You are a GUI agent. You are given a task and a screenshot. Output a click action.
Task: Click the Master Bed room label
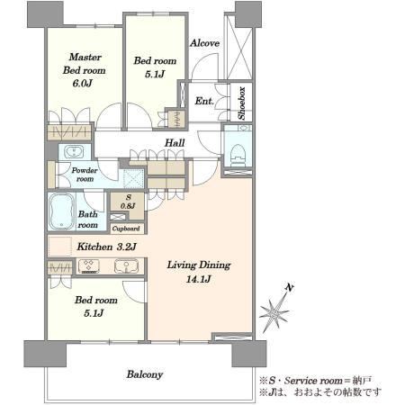pos(85,64)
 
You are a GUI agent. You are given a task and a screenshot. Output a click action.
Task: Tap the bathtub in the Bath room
pos(61,211)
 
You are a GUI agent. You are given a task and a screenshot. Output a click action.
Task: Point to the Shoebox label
pos(242,103)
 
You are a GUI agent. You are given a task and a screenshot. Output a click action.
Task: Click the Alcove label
pos(204,43)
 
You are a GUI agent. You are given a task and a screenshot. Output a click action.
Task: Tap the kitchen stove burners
pos(88,266)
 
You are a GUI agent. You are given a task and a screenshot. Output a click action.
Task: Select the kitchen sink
pos(126,266)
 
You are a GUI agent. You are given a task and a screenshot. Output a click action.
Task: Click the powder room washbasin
pos(75,151)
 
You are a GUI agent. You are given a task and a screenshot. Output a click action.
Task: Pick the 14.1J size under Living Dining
pos(198,279)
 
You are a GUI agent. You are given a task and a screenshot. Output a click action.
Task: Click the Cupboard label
pos(126,229)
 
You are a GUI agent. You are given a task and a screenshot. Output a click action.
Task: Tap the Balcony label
pos(145,374)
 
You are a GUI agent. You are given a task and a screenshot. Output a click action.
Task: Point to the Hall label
pos(175,143)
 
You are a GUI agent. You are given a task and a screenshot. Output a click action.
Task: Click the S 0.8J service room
pos(128,202)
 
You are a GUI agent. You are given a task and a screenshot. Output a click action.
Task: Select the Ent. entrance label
pos(204,101)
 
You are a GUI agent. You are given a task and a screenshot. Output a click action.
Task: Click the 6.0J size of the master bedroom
pos(82,83)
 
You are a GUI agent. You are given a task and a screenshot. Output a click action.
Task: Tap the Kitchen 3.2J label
pos(107,247)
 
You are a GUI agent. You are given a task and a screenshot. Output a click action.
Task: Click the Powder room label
pos(85,175)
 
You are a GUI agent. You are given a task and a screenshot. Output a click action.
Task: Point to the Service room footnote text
pos(316,381)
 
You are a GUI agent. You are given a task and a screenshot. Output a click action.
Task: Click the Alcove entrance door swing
pos(204,67)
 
